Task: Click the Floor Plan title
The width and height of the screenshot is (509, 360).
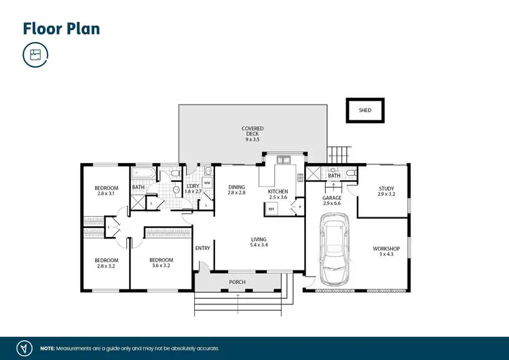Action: (x=61, y=29)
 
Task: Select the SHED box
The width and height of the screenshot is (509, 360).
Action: (x=366, y=109)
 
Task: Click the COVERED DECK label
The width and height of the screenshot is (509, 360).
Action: (x=252, y=131)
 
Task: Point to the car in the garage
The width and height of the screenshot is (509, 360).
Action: (x=334, y=249)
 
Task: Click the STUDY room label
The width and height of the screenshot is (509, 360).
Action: (x=386, y=192)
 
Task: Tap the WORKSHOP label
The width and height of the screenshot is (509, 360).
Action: (x=386, y=252)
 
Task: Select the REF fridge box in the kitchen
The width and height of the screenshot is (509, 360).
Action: (x=271, y=209)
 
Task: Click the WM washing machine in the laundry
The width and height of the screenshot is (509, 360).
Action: (x=206, y=183)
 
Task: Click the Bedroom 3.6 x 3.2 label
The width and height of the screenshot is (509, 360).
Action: (x=162, y=264)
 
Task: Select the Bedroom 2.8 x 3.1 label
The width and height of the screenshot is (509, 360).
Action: (x=107, y=191)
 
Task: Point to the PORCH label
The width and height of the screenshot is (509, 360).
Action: (x=237, y=282)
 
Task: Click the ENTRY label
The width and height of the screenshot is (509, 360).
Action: (x=203, y=248)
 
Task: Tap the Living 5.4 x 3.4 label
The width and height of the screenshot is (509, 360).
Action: (x=259, y=242)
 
